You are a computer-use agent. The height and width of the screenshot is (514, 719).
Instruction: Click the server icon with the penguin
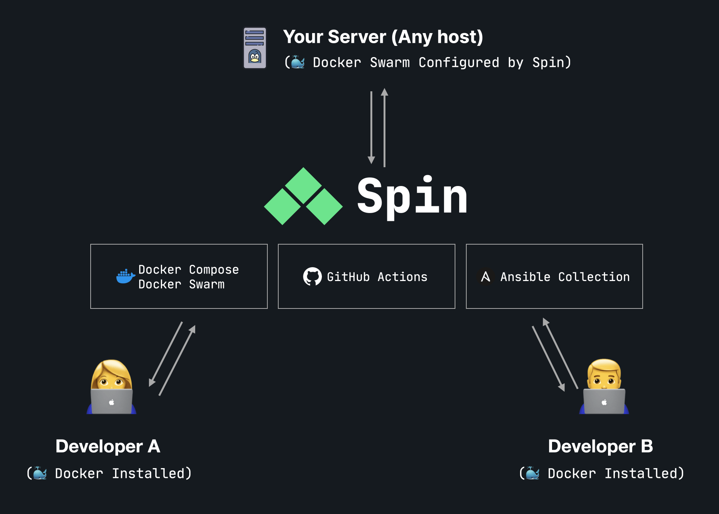(x=255, y=48)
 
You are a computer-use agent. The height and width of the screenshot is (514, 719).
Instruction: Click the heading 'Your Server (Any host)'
(x=383, y=37)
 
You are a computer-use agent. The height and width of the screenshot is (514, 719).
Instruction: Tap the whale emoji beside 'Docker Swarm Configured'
(x=298, y=62)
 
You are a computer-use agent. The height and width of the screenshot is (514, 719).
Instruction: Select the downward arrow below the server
(x=371, y=128)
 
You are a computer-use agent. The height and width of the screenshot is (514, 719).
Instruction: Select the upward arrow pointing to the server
(x=384, y=128)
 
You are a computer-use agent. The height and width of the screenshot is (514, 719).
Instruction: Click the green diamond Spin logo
(x=303, y=196)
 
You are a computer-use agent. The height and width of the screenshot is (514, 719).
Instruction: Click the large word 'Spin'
(x=412, y=196)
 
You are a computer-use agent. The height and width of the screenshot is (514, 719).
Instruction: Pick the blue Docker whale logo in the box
(x=125, y=276)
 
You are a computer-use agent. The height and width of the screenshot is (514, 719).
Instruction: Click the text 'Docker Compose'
(x=188, y=269)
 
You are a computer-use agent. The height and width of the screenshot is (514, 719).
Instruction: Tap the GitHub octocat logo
(x=312, y=277)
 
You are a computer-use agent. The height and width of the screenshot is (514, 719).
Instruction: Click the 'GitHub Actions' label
(x=377, y=277)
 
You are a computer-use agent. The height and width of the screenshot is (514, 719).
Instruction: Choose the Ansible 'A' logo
(x=485, y=277)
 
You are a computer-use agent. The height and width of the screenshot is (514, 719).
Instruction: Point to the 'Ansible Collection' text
(x=565, y=277)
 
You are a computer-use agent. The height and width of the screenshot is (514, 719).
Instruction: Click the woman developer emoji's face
(x=111, y=378)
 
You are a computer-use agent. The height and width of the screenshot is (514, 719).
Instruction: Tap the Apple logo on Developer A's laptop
(x=111, y=402)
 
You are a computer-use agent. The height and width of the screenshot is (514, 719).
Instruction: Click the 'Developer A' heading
(x=108, y=446)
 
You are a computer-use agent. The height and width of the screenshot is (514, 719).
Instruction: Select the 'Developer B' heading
(x=600, y=446)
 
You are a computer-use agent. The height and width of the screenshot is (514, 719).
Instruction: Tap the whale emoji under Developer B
(x=532, y=473)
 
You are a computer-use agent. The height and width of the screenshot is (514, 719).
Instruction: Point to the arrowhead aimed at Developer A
(x=152, y=382)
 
